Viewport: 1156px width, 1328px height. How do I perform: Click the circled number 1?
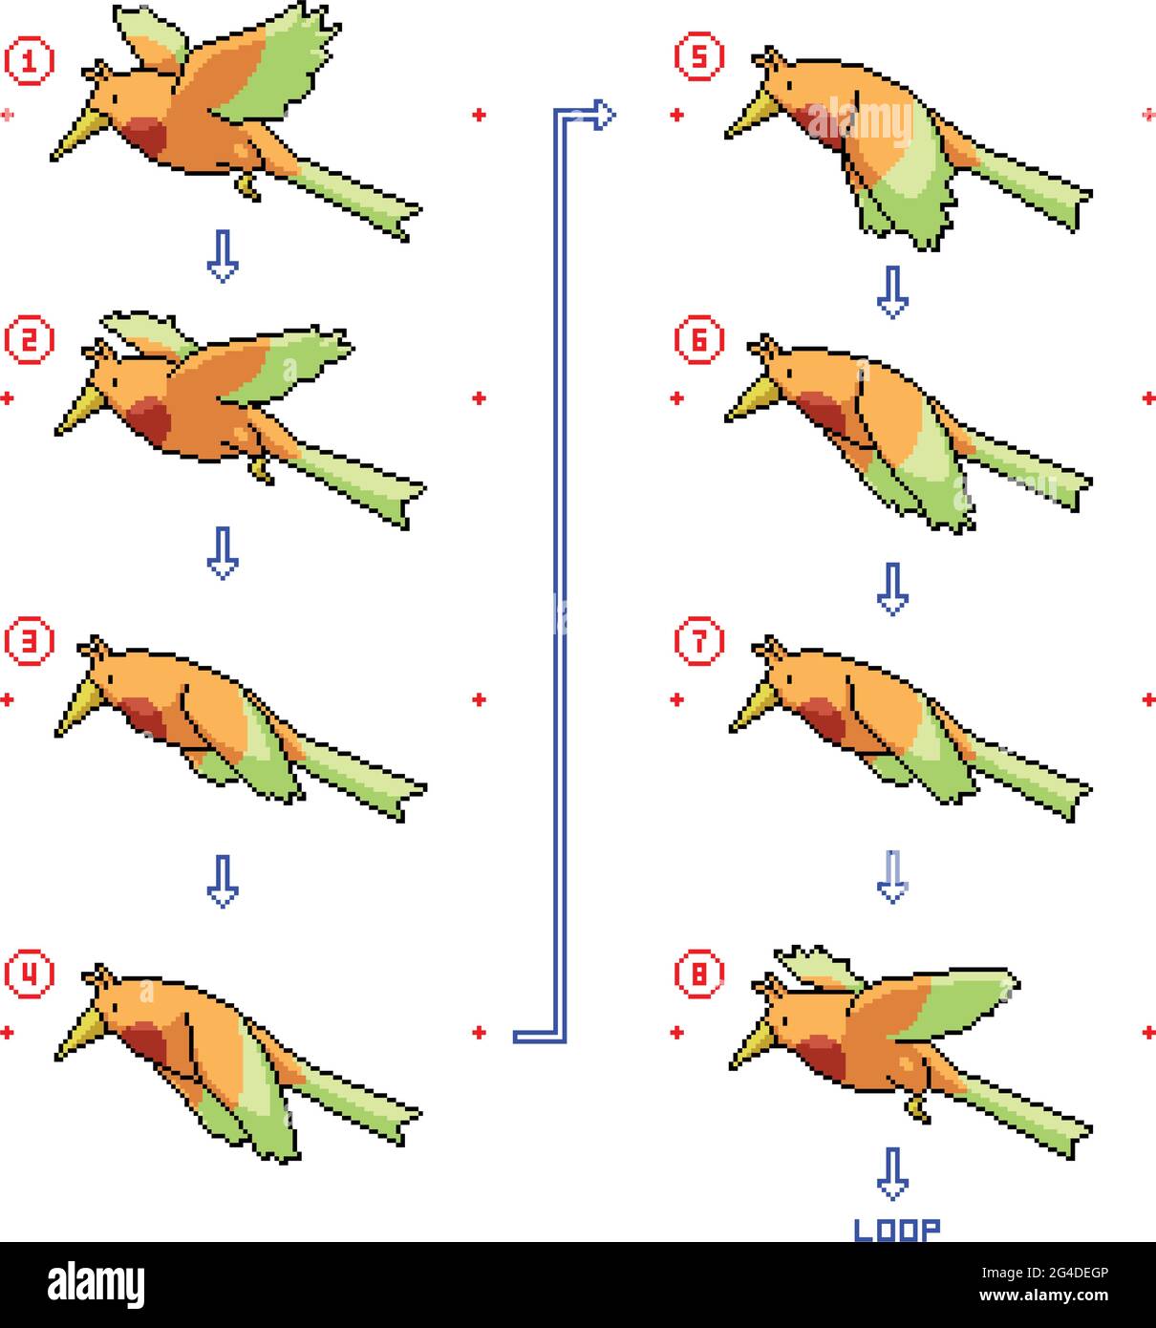coord(29,61)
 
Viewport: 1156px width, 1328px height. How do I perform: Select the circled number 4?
coord(29,973)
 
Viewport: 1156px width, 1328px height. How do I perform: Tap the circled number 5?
coord(698,56)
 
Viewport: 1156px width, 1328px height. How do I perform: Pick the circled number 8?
coord(698,974)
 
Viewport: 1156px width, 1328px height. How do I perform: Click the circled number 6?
coord(698,339)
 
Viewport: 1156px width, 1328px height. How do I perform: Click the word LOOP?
coord(896,1230)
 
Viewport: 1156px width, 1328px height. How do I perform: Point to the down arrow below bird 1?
coord(223,256)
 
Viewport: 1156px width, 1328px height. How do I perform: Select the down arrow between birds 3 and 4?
coord(223,881)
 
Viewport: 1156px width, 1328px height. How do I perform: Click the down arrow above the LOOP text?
coord(892,1173)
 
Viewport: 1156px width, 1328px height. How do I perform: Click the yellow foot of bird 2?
coord(261,469)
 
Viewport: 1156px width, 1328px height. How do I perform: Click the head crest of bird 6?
coord(766,345)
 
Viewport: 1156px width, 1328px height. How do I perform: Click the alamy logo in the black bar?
coord(96,1284)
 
